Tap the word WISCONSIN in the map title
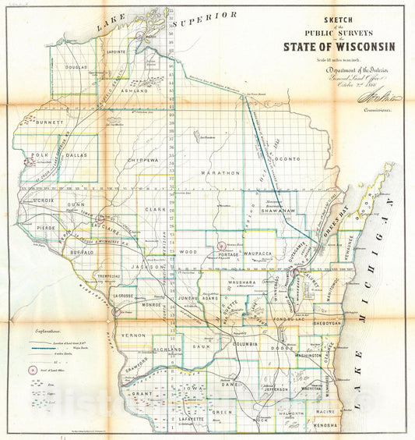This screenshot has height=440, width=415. (357, 45)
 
